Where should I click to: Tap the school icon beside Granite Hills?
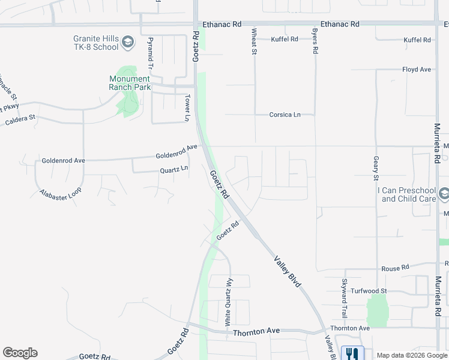coord(127,42)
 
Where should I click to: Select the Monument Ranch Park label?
coord(129,83)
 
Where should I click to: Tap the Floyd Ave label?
coord(417,70)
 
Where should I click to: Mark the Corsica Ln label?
coord(285,115)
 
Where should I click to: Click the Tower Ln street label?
coord(187,108)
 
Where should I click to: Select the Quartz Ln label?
coord(174,170)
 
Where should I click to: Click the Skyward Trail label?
coord(345,298)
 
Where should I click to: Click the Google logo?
coord(20,353)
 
